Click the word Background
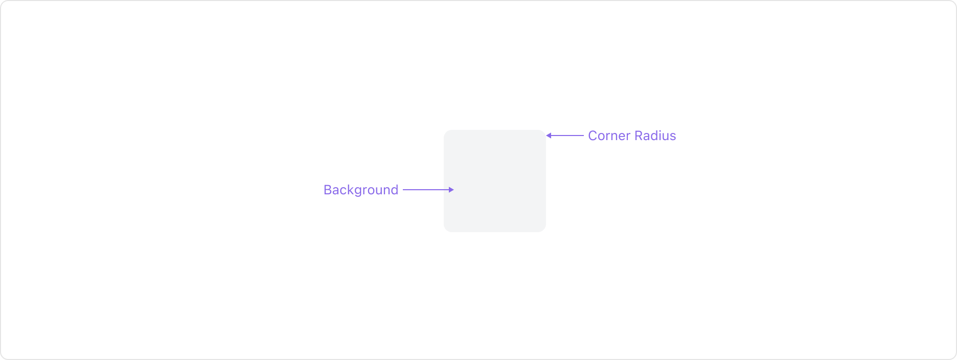pyautogui.click(x=360, y=190)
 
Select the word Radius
pyautogui.click(x=655, y=136)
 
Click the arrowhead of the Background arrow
pyautogui.click(x=451, y=190)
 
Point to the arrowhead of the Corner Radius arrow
pyautogui.click(x=549, y=136)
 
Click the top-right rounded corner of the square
pyautogui.click(x=543, y=132)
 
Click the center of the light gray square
pyautogui.click(x=495, y=181)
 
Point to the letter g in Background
pyautogui.click(x=357, y=191)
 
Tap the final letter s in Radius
pyautogui.click(x=673, y=137)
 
